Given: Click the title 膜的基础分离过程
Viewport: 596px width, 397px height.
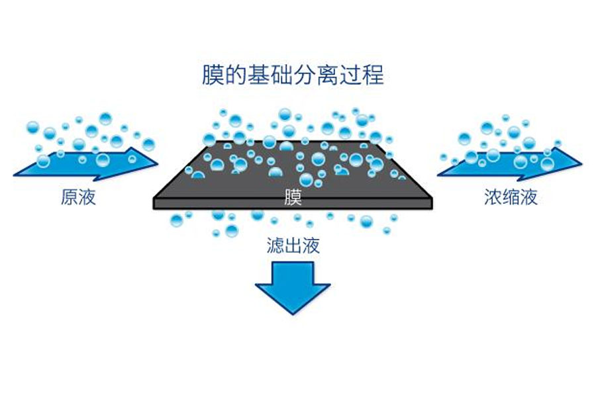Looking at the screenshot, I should pos(293,75).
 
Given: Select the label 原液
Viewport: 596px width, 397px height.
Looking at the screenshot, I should pos(78,197).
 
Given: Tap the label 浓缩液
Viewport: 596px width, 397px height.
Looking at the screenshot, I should pos(511,197).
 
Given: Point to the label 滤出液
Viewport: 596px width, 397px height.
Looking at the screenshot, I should pos(293,247).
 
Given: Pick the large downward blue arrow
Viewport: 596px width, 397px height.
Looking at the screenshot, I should pos(293,286).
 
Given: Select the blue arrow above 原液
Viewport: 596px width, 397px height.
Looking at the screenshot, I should pos(86,163).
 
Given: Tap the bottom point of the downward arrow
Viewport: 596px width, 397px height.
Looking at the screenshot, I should pos(293,313).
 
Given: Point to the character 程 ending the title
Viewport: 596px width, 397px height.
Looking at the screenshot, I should pos(374,75).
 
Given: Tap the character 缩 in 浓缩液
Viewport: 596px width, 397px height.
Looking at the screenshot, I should pos(511,197).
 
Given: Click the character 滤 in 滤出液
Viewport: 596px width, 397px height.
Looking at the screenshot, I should pos(275,247).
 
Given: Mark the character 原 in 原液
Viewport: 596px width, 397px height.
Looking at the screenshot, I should pos(70,197).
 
